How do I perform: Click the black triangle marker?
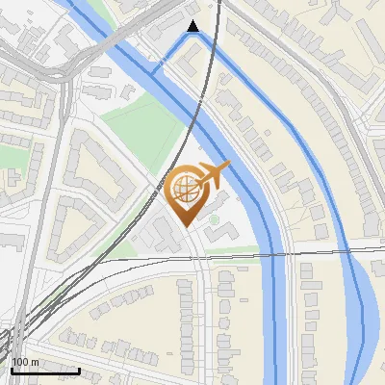point(193,26)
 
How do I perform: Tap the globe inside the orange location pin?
point(184,189)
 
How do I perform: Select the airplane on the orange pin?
point(214,175)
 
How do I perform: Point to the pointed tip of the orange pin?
point(186,224)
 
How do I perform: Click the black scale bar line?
point(45,370)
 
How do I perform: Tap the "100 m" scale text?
point(25,362)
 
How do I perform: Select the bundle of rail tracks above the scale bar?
point(19,332)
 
